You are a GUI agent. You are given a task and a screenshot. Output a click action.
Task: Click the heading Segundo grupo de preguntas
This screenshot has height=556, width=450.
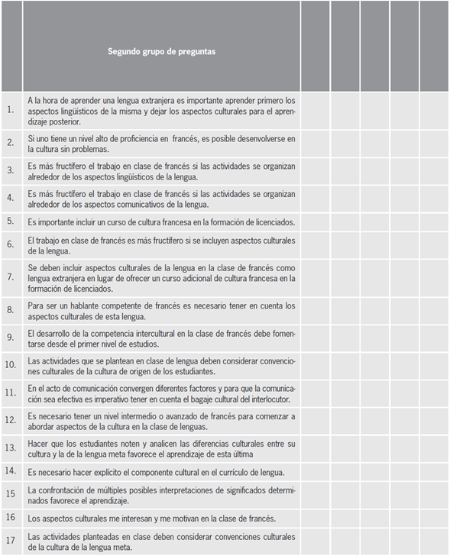[161, 52]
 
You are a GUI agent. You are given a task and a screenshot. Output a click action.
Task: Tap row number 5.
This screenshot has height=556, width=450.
[11, 221]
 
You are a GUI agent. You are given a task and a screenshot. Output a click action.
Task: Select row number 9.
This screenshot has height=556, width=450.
[11, 336]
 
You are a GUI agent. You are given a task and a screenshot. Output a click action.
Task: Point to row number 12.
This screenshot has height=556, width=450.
[11, 421]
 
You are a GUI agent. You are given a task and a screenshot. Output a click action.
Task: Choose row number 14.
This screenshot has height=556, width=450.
[11, 470]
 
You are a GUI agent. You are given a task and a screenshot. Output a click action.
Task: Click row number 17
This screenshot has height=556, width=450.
[11, 541]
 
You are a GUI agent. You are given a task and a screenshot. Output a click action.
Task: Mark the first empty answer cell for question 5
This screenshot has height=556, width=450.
[315, 221]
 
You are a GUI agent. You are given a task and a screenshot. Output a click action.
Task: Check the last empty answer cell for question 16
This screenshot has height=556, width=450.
[434, 518]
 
